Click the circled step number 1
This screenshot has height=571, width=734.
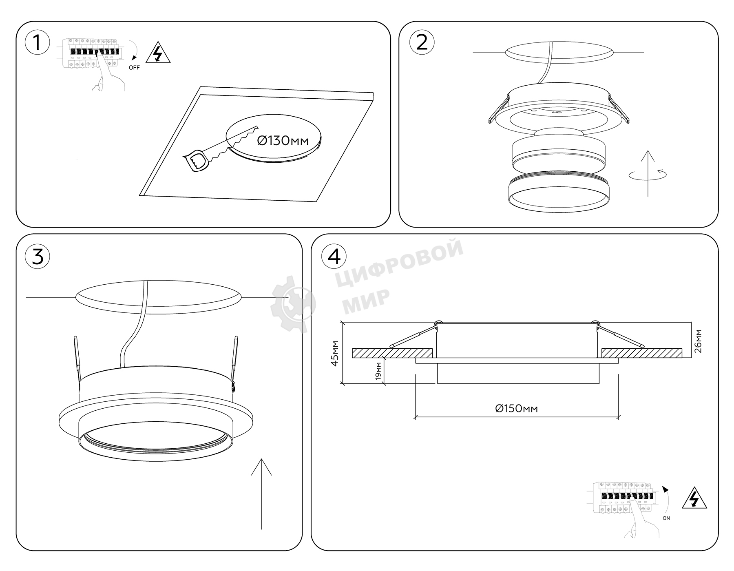[37, 43]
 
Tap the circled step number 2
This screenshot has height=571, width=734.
[422, 43]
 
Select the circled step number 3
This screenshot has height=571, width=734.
[37, 257]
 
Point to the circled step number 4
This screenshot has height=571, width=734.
[334, 257]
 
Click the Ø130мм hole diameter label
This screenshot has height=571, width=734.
[283, 141]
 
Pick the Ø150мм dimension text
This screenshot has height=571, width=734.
[516, 408]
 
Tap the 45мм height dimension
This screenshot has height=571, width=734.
[335, 353]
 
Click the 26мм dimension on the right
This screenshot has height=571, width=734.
[698, 341]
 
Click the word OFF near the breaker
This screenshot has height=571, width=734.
[134, 68]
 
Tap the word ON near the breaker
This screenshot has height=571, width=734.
[666, 518]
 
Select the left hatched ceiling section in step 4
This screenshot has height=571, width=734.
[392, 353]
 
